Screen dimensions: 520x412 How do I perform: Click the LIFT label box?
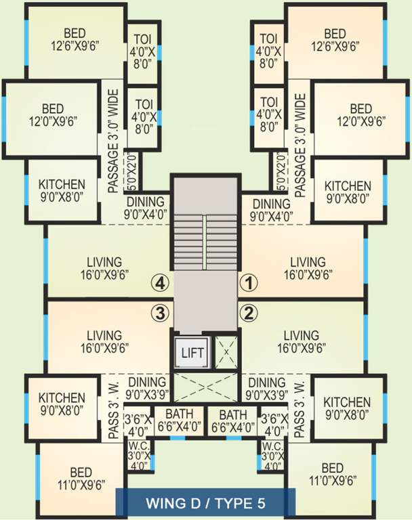coord(188,352)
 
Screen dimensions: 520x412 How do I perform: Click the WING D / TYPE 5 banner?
coord(206,504)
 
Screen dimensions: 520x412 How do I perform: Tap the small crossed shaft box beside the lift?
coord(225,351)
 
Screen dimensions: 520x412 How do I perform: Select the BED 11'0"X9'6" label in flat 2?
coord(333,475)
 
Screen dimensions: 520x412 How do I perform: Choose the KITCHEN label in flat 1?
coord(348,192)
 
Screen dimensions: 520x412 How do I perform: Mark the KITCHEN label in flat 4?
coord(62,190)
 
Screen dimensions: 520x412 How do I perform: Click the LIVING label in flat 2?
coord(302,341)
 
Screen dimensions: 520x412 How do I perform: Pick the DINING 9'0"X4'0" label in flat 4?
coord(145,208)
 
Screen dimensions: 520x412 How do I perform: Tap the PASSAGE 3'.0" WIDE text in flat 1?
coord(302,142)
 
